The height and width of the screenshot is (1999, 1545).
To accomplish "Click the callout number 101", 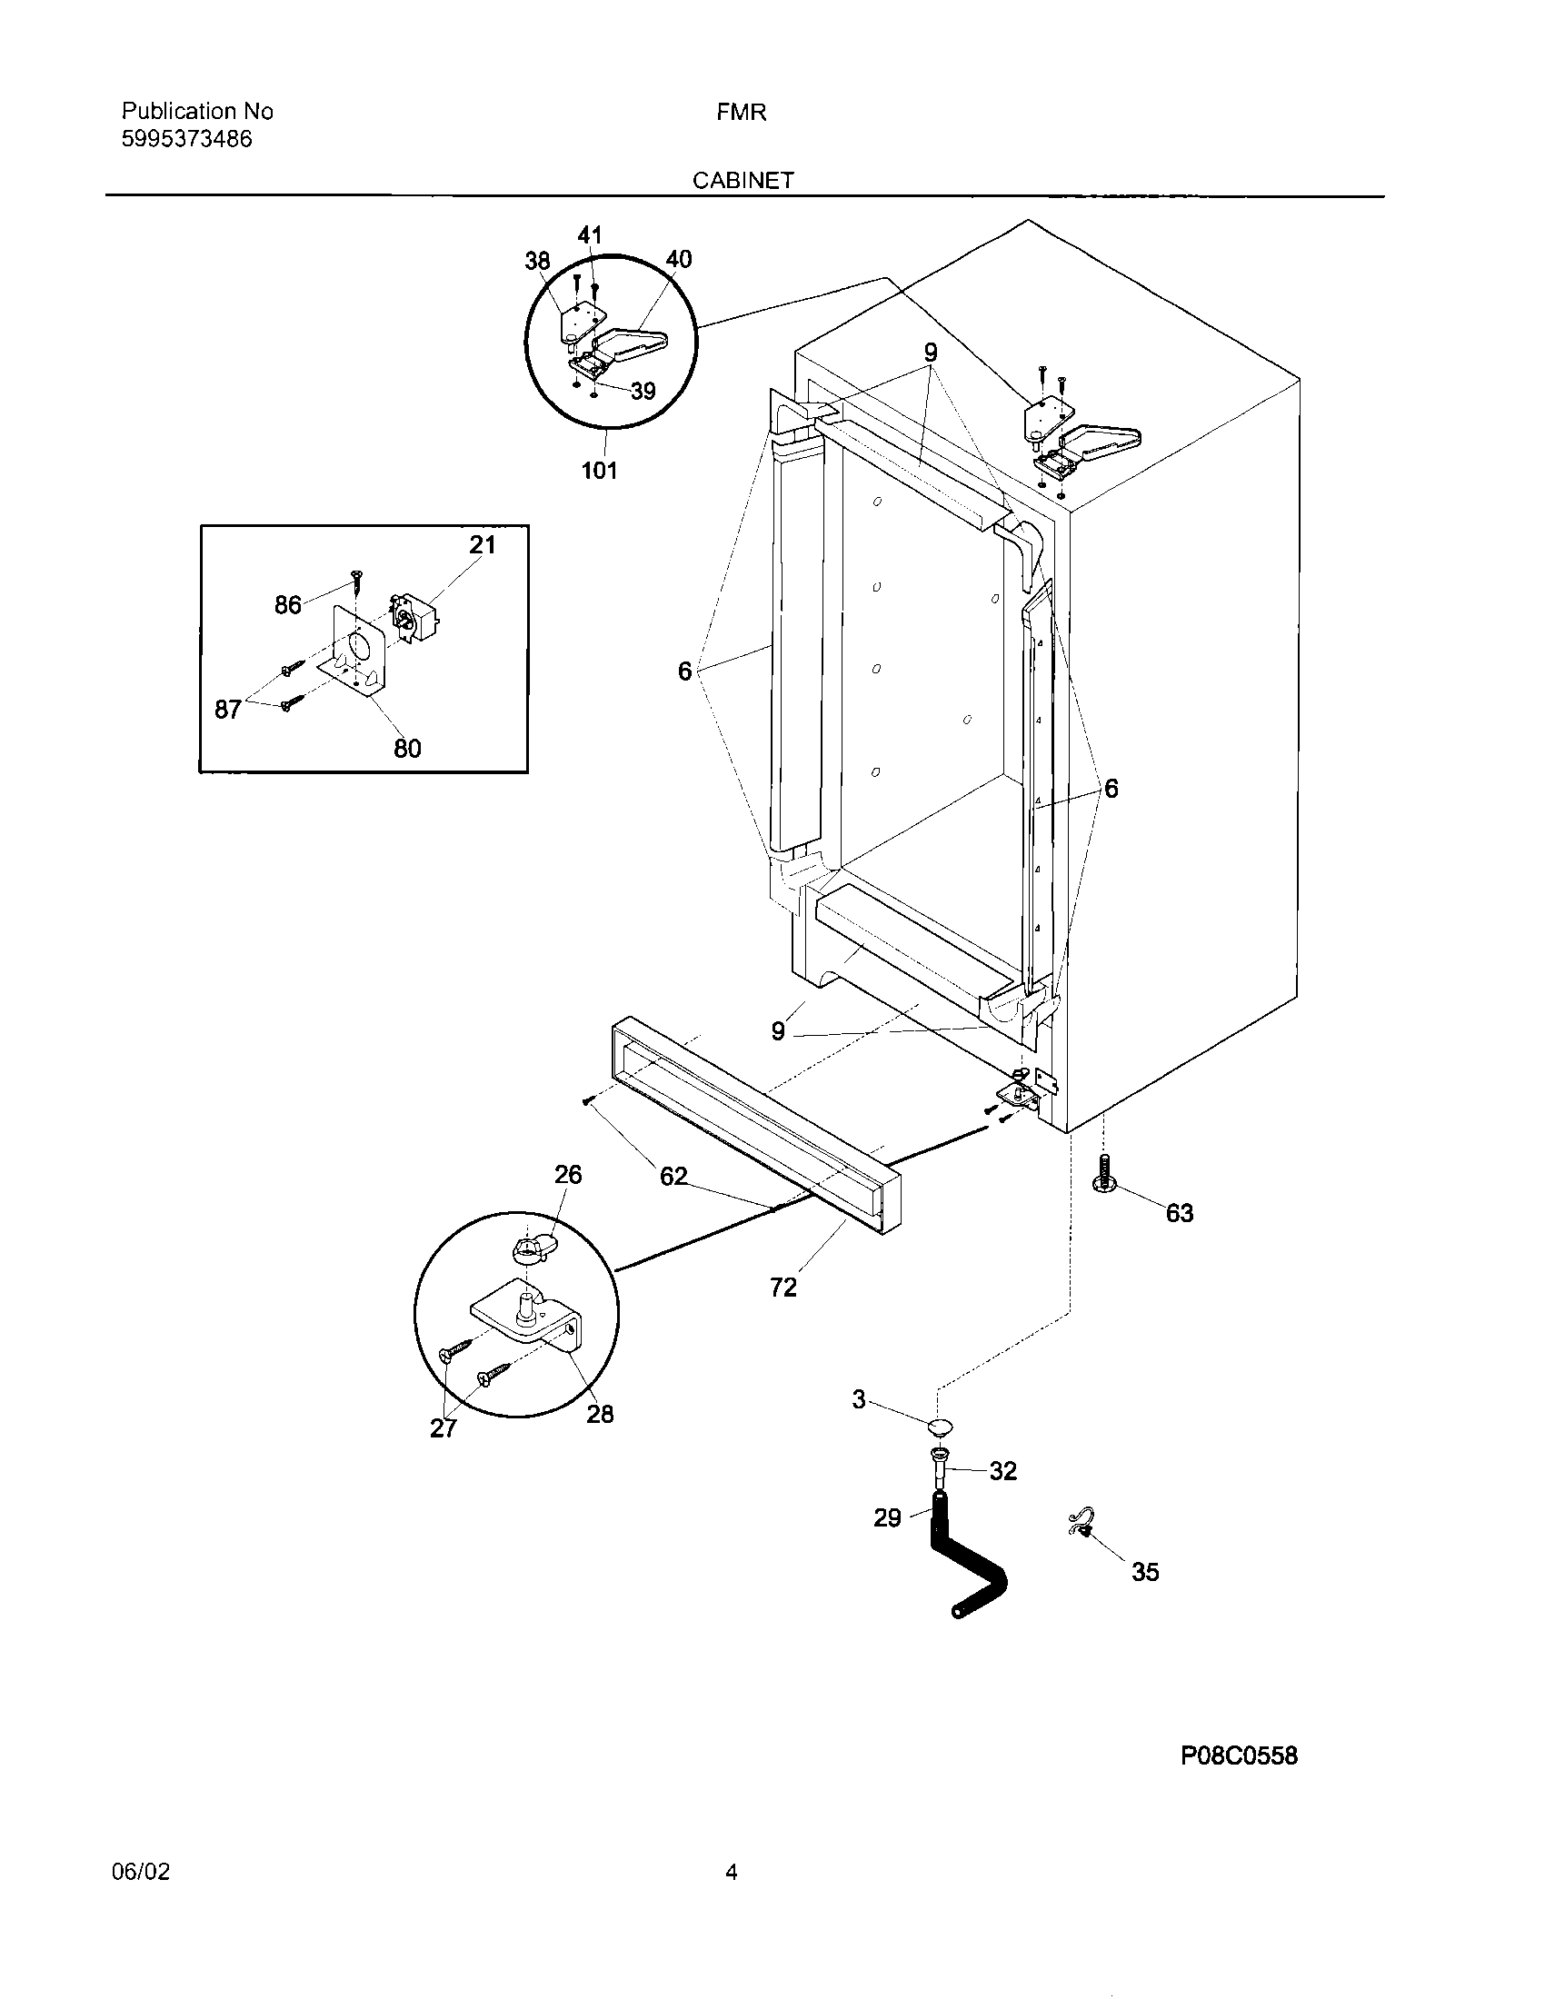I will coord(600,471).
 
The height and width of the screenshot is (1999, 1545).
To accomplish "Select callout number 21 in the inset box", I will coord(483,545).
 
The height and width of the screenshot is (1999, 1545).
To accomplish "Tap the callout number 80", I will coord(407,749).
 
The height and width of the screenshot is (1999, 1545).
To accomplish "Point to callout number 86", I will coord(287,605).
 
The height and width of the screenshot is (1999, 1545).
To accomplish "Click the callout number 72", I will coord(783,1288).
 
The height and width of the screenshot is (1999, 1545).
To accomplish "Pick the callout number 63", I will coord(1180,1214).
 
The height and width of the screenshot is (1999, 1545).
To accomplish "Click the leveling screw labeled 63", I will coord(1106,1174).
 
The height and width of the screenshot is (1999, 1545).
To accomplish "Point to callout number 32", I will coord(1003,1471).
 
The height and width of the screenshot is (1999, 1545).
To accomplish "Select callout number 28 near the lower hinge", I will coord(600,1415).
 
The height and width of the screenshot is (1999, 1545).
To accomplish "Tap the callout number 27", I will coord(443,1428).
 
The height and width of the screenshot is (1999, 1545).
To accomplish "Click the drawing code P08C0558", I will coord(1239,1755).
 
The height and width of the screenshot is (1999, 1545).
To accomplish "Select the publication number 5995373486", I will coord(186,139).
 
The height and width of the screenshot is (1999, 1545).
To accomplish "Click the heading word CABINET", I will coord(743,180).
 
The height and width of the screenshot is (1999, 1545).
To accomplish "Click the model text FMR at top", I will coord(742,113).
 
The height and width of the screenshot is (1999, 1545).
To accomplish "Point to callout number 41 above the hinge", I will coord(590,235).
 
